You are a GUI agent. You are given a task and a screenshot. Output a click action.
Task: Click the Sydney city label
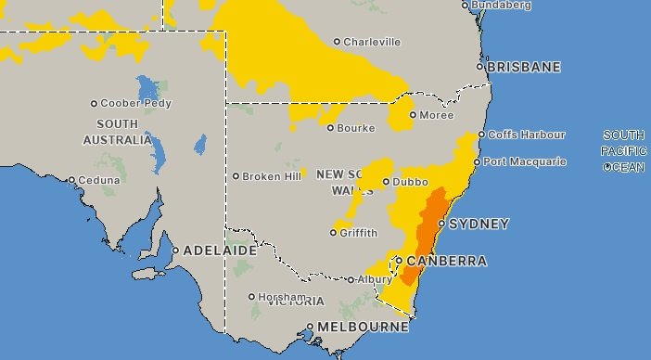(x=479, y=224)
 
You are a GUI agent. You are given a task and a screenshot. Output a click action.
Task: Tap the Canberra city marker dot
(x=399, y=261)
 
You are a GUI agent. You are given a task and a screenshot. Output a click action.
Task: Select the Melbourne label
(x=363, y=328)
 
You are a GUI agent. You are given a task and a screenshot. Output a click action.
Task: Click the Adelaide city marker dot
(x=175, y=251)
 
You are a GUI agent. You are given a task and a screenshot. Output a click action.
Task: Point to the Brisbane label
(x=525, y=67)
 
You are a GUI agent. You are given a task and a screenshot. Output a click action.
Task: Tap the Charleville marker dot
(x=338, y=42)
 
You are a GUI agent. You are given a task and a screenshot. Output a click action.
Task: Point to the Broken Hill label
(x=272, y=175)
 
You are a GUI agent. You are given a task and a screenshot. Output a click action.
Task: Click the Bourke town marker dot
(x=330, y=128)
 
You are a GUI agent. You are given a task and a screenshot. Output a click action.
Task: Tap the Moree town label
(x=437, y=115)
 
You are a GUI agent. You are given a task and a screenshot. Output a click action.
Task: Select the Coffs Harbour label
(x=527, y=135)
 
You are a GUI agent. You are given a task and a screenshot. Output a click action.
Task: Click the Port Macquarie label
(x=525, y=161)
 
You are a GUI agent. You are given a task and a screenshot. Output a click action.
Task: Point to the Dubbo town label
(x=410, y=182)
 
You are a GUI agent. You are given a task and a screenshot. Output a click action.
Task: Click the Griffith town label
(x=359, y=233)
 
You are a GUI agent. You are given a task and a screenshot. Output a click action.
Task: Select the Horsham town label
(x=281, y=297)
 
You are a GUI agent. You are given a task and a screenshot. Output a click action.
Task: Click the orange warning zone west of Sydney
(x=430, y=223)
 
